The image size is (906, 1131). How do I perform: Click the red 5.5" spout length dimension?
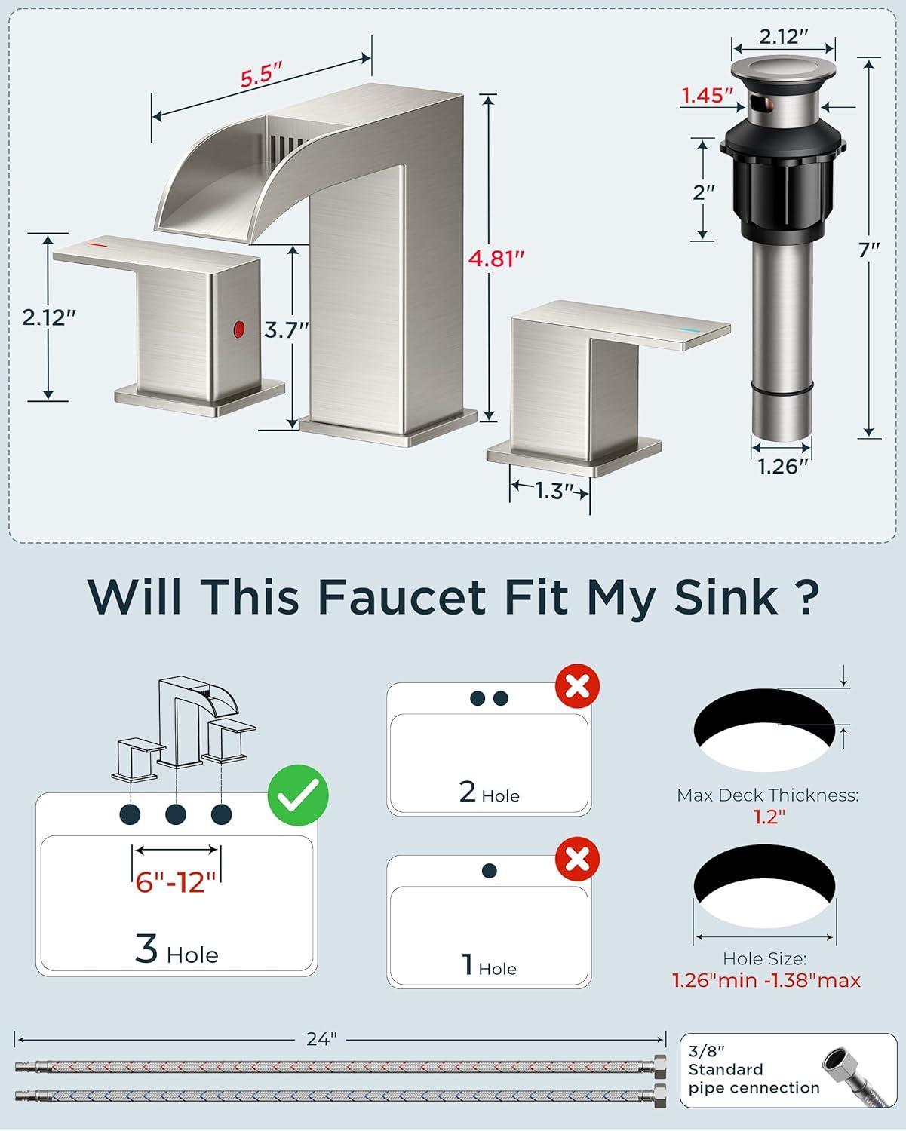(261, 75)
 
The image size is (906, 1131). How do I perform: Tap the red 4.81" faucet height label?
(496, 259)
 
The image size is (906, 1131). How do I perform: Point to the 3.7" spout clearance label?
(286, 330)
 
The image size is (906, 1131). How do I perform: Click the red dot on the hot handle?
(239, 329)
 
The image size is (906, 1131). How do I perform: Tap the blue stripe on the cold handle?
(689, 330)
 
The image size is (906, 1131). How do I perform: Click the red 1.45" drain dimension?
(707, 96)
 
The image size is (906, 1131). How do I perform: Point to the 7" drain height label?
(869, 250)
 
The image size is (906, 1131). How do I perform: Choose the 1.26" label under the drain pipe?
(782, 466)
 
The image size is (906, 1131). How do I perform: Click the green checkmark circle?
(298, 795)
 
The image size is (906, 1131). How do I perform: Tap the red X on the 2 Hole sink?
(577, 686)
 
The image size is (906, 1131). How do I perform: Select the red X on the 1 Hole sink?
(577, 859)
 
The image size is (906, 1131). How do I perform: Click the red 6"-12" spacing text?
(176, 882)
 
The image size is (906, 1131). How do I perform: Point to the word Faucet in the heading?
(402, 597)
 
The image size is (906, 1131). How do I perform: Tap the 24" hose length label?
(321, 1038)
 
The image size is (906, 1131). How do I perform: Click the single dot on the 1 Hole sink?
(489, 871)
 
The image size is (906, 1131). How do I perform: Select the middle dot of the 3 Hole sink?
(175, 814)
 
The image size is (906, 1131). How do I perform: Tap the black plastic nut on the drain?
(783, 179)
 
